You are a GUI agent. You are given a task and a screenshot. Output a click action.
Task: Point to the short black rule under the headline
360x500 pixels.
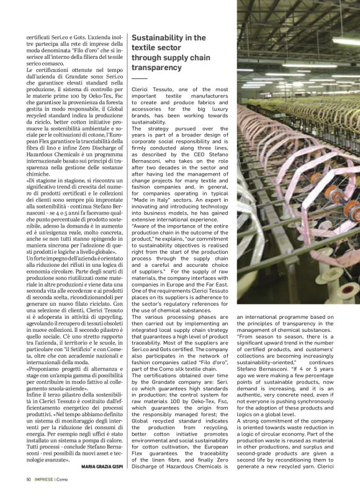(x=140, y=79)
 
